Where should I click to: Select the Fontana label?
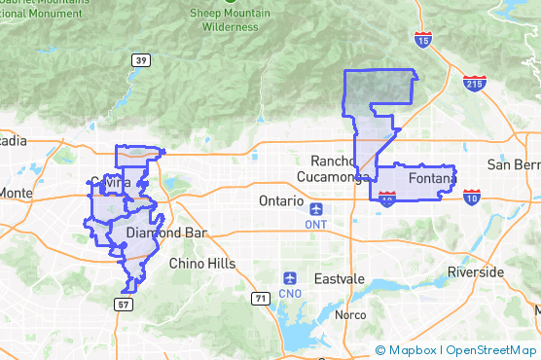(431, 179)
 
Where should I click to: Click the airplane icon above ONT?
(316, 208)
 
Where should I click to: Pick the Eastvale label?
(339, 278)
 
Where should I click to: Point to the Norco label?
(350, 315)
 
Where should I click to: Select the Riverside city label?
(475, 271)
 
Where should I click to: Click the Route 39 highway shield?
(141, 60)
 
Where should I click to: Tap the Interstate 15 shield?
(422, 40)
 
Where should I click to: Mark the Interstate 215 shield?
(474, 85)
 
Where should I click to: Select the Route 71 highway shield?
(260, 298)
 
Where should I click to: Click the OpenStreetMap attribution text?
(490, 350)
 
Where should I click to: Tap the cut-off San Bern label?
(513, 164)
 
